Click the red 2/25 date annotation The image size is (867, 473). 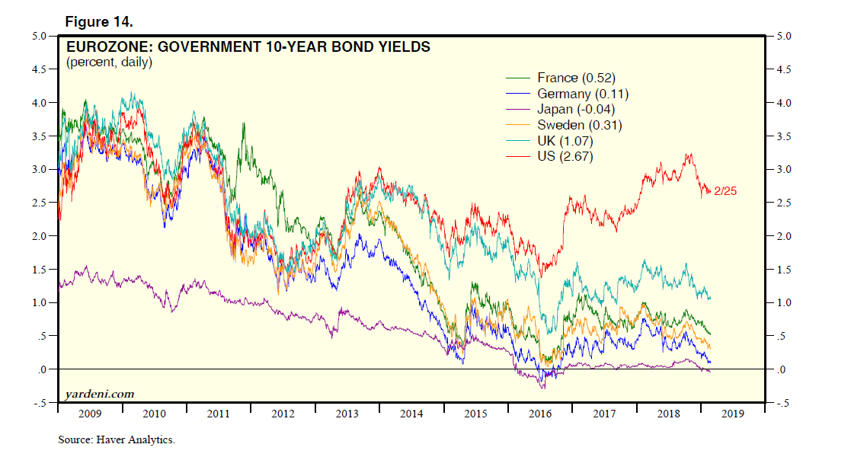[x=725, y=191]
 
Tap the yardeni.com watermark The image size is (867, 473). [x=99, y=394]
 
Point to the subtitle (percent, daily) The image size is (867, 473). [x=109, y=62]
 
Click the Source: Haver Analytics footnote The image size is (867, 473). [x=117, y=439]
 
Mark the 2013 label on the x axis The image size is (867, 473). [x=347, y=414]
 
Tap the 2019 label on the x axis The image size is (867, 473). [x=732, y=414]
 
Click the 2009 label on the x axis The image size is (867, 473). [x=90, y=414]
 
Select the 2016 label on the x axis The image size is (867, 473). [x=539, y=414]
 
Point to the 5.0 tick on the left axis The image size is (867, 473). [x=39, y=36]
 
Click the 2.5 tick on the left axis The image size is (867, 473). [x=39, y=203]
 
